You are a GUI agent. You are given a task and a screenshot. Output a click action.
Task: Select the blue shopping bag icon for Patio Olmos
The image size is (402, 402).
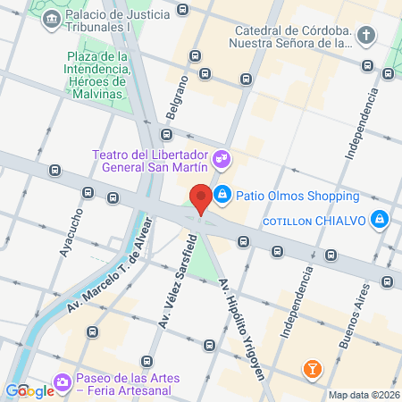[222, 194]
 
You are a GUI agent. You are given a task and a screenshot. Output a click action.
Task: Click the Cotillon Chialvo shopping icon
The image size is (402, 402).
[380, 219]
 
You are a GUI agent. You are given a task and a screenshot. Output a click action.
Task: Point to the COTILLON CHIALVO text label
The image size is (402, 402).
[316, 222]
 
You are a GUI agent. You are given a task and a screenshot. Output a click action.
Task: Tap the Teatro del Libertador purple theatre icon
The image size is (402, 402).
[222, 160]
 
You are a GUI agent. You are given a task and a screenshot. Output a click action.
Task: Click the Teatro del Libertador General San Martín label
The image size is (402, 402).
[150, 160]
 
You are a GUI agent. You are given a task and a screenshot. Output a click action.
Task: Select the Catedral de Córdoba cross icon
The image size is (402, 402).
[366, 36]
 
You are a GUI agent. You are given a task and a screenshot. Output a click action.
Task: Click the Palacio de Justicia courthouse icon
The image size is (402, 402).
[49, 19]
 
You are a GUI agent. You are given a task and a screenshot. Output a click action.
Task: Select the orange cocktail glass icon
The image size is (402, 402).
[312, 368]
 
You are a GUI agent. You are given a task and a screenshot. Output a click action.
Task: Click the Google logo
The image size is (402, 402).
[29, 390]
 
